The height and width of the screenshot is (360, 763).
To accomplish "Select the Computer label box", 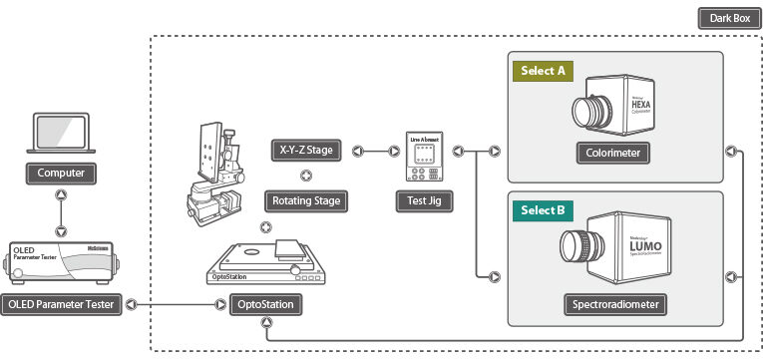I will tap(62, 173).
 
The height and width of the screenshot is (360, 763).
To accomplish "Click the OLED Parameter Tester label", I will tap(62, 303).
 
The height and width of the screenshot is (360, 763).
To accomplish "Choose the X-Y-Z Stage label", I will tap(306, 152).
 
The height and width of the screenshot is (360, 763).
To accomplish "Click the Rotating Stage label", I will tap(306, 200).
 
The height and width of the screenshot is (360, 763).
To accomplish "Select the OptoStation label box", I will tap(266, 303).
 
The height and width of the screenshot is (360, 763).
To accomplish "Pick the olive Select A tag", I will tap(541, 71).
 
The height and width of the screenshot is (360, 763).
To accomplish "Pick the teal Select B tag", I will tap(541, 210).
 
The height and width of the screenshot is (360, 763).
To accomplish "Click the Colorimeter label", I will tap(613, 153).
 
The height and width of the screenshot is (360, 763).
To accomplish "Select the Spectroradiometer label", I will tap(613, 303).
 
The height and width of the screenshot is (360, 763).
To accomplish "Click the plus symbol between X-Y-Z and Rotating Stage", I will tap(305, 177).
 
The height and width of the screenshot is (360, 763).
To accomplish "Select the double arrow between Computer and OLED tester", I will tap(62, 212).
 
